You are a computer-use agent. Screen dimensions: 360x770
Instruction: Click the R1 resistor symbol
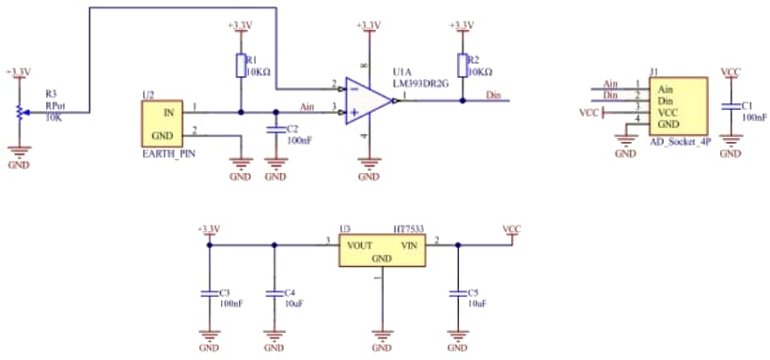241,65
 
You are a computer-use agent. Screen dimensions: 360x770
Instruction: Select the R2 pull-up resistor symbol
462,65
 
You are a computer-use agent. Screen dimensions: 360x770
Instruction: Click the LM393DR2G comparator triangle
367,101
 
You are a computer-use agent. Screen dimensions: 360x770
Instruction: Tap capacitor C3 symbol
209,293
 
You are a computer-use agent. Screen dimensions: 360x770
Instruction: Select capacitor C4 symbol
275,293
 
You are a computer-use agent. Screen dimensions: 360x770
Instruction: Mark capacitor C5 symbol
457,293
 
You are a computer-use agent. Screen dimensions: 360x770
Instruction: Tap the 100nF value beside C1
754,117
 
